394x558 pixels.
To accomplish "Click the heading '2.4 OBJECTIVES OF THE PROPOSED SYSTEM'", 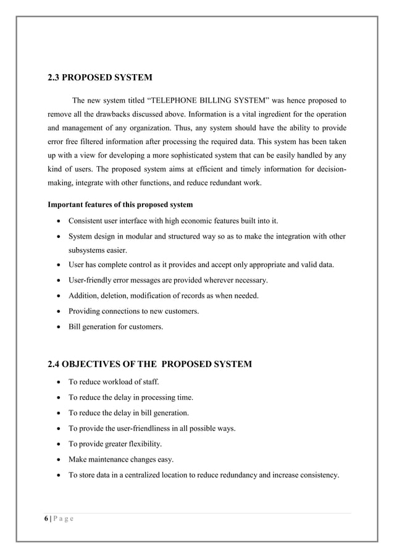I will (x=149, y=364).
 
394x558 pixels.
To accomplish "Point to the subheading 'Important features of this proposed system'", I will (x=120, y=205).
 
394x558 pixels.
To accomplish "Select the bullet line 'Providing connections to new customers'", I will (x=133, y=311).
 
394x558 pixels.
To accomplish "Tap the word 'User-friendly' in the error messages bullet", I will (x=90, y=281).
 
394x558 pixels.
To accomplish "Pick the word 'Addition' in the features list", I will (x=83, y=296).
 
